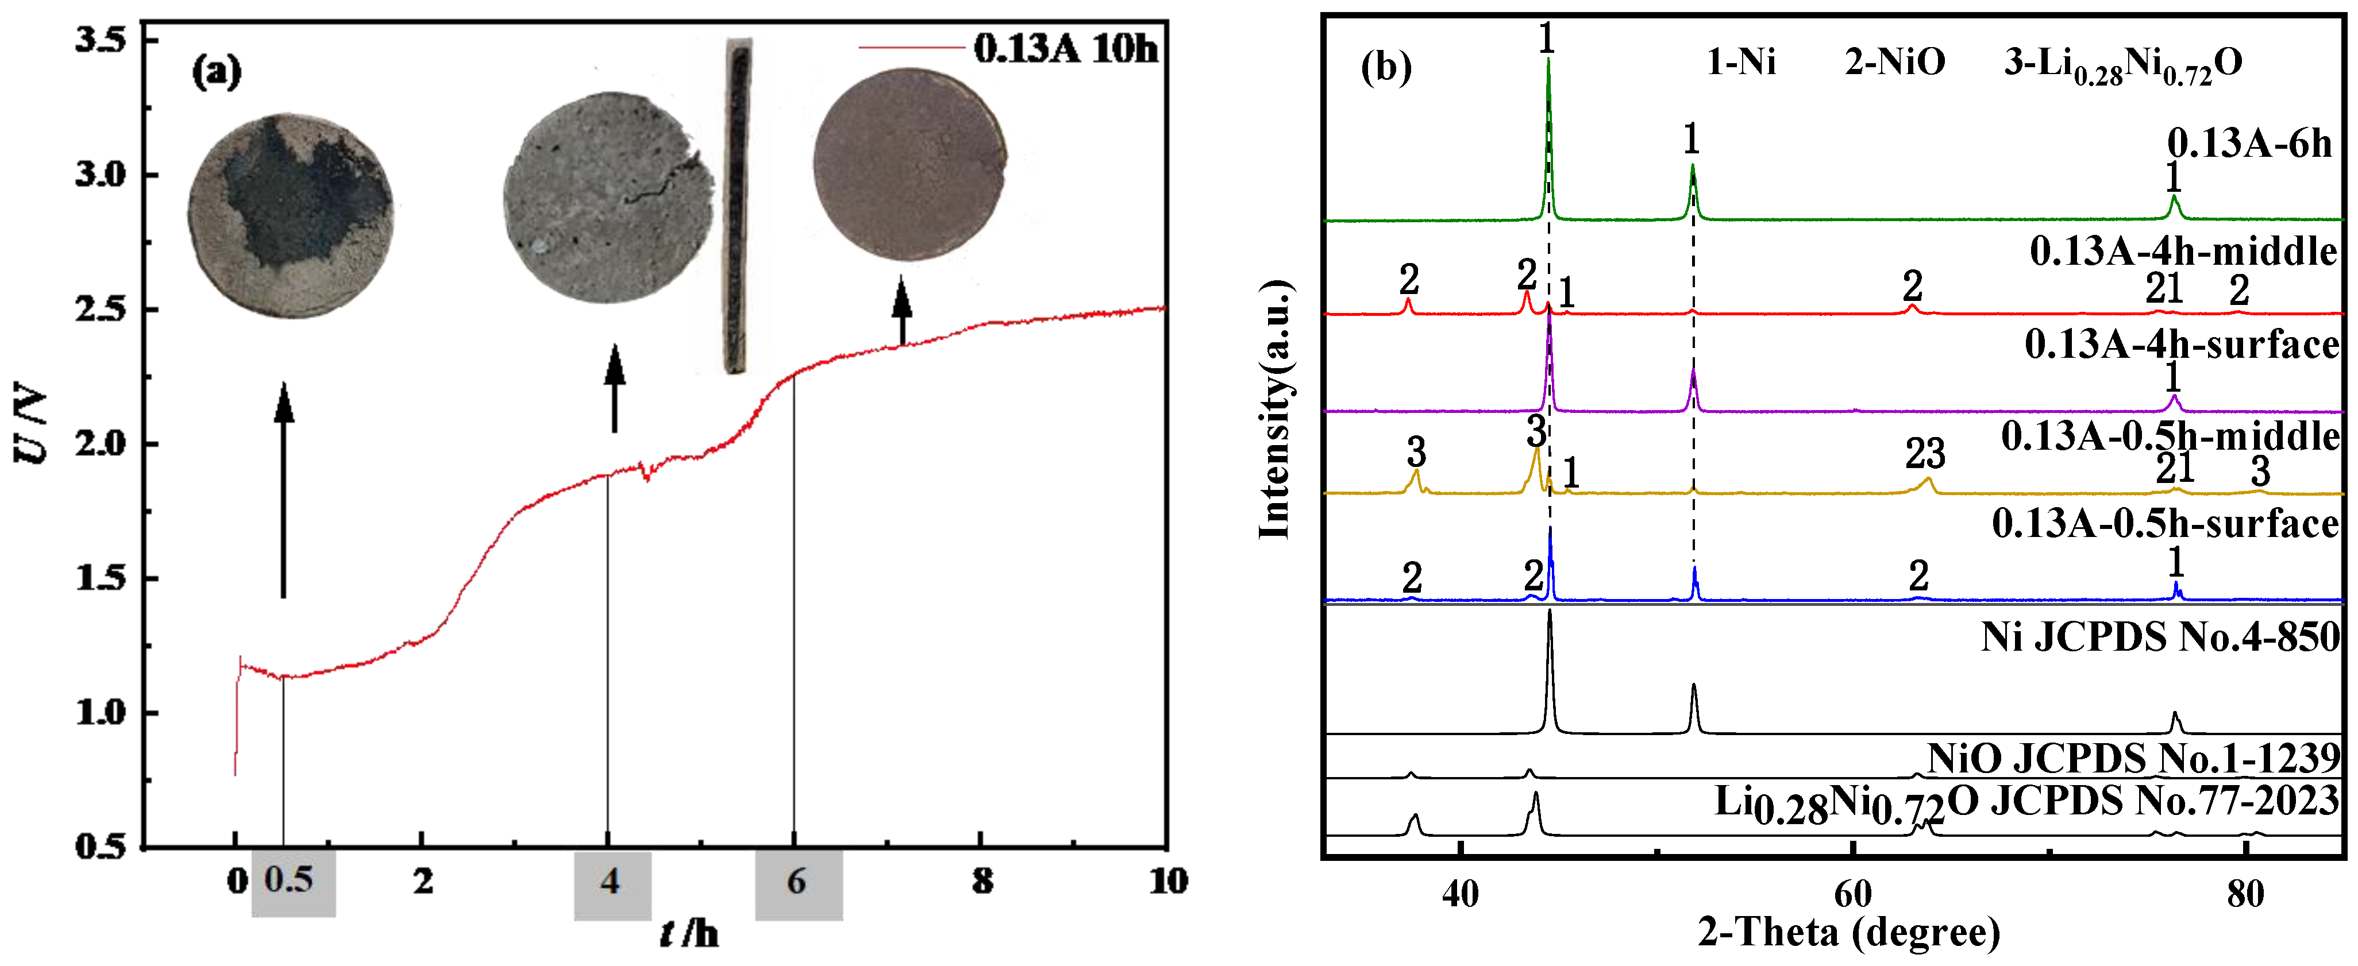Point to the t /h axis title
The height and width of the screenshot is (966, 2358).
pyautogui.click(x=688, y=933)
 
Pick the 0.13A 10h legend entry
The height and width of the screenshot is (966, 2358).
pyautogui.click(x=1007, y=48)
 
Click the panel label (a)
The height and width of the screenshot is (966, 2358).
pyautogui.click(x=216, y=71)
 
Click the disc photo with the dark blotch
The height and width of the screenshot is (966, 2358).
pyautogui.click(x=291, y=216)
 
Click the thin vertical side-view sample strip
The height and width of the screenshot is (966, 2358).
pyautogui.click(x=737, y=206)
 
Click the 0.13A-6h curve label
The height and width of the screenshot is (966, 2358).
pyautogui.click(x=2248, y=144)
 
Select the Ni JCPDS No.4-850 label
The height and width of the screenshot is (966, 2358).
pyautogui.click(x=2160, y=637)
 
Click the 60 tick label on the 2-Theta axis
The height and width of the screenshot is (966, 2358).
pyautogui.click(x=1852, y=893)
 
